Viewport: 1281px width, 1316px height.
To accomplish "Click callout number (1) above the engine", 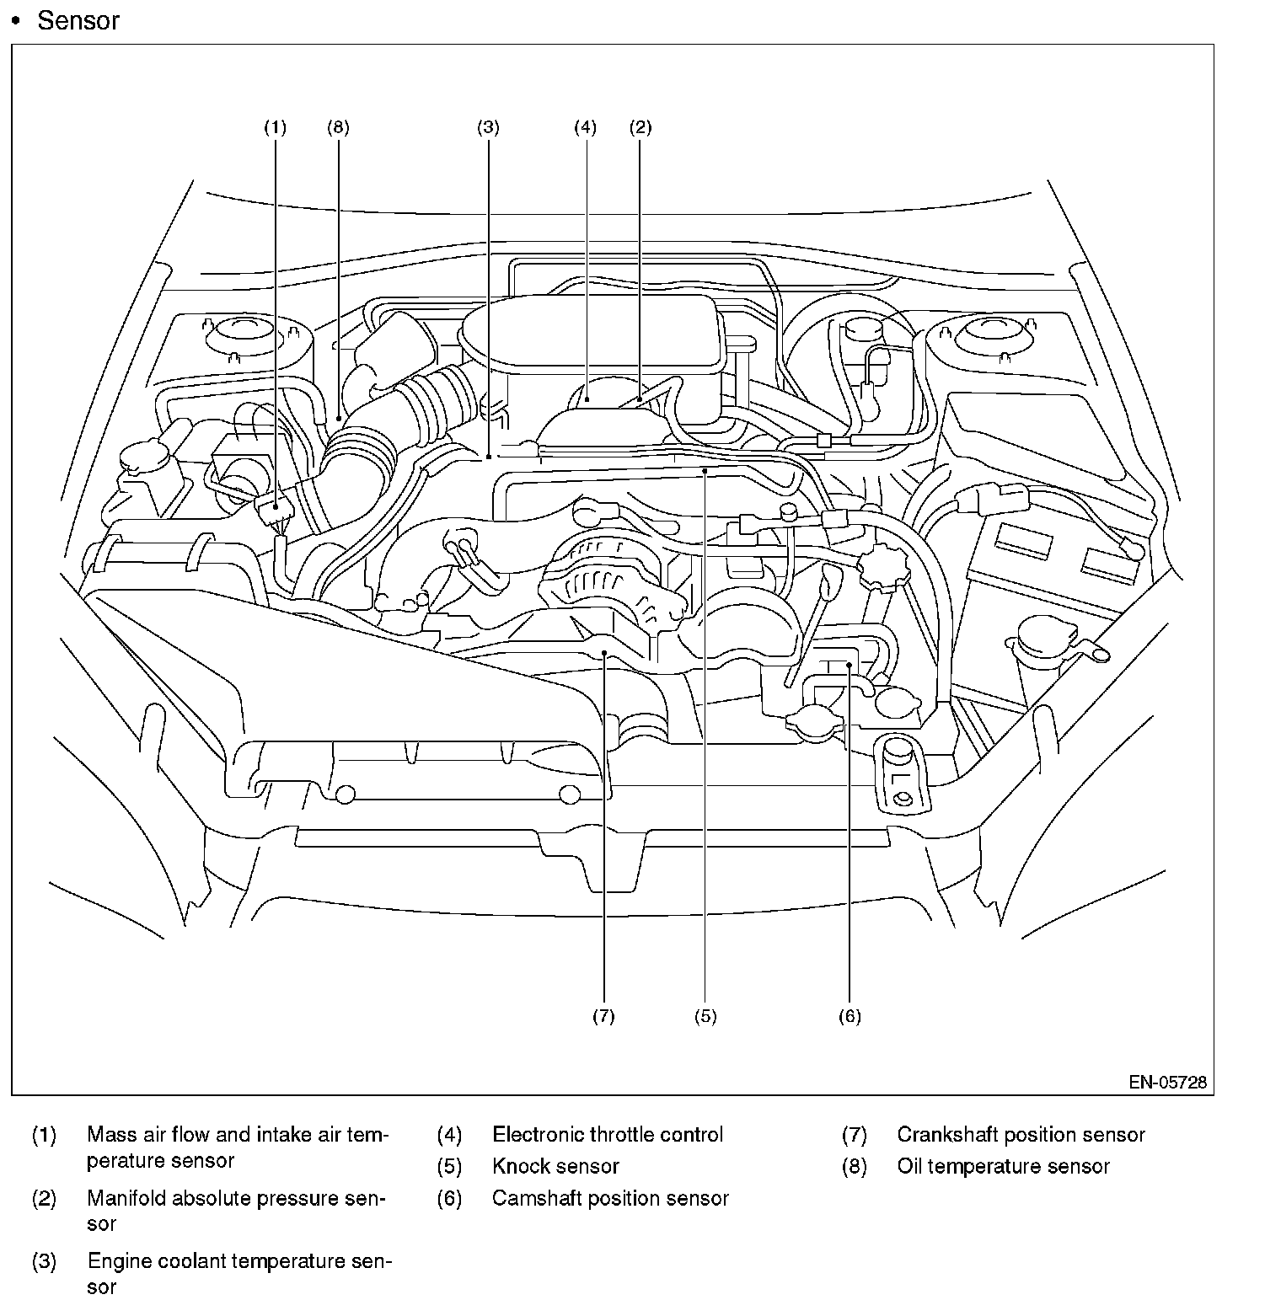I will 275,128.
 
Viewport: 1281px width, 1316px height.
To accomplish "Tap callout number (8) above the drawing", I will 338,128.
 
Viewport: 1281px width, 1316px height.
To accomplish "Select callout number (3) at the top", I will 488,128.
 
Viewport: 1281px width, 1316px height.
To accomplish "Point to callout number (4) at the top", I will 585,128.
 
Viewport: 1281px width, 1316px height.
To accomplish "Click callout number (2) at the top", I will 640,128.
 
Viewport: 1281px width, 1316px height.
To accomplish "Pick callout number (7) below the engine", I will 603,1016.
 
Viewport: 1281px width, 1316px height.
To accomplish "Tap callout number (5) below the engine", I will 705,1016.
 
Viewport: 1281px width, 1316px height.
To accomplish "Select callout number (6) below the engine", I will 850,1016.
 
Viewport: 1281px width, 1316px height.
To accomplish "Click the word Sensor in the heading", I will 78,21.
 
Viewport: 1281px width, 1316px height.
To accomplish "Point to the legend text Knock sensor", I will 555,1167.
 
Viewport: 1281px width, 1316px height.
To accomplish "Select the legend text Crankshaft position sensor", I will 1021,1135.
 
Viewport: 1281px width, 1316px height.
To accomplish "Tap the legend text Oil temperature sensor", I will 1003,1167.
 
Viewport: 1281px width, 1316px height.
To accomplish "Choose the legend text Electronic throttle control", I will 607,1135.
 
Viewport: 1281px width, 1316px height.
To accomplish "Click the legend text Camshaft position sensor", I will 610,1198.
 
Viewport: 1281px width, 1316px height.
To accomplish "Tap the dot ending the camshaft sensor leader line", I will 850,666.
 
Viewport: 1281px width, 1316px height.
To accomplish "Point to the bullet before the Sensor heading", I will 15,21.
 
